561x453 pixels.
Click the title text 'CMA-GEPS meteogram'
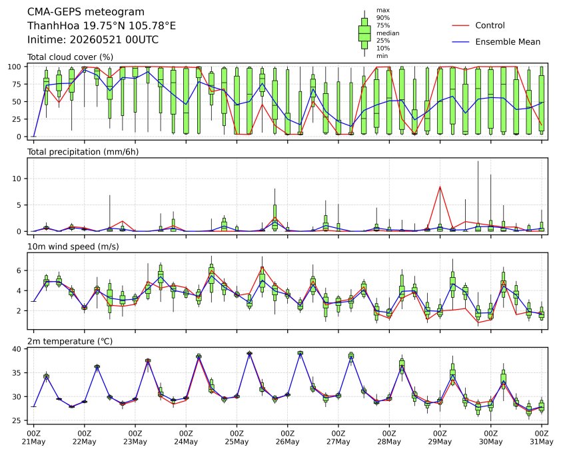(86, 12)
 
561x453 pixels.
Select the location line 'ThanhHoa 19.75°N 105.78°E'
(102, 26)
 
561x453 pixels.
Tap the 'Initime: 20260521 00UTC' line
(93, 39)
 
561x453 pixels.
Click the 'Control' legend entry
(490, 25)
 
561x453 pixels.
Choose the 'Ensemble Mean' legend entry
(508, 42)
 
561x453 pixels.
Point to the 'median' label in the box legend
(388, 33)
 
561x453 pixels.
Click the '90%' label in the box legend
(383, 17)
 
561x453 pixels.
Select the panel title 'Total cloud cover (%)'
(70, 57)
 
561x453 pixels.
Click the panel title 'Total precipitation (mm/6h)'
(83, 152)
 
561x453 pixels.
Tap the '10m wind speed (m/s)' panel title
(73, 246)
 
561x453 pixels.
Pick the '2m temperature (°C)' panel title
(70, 341)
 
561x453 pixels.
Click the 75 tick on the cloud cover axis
(17, 84)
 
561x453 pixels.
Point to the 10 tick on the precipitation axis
(17, 179)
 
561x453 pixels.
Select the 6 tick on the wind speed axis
(19, 270)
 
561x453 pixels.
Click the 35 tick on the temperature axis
(17, 373)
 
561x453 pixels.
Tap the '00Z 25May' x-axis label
(237, 438)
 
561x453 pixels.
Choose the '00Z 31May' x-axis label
(542, 438)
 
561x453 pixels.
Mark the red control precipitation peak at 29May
(440, 187)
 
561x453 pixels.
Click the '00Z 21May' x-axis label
(33, 438)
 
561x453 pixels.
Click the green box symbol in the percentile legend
(364, 33)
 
